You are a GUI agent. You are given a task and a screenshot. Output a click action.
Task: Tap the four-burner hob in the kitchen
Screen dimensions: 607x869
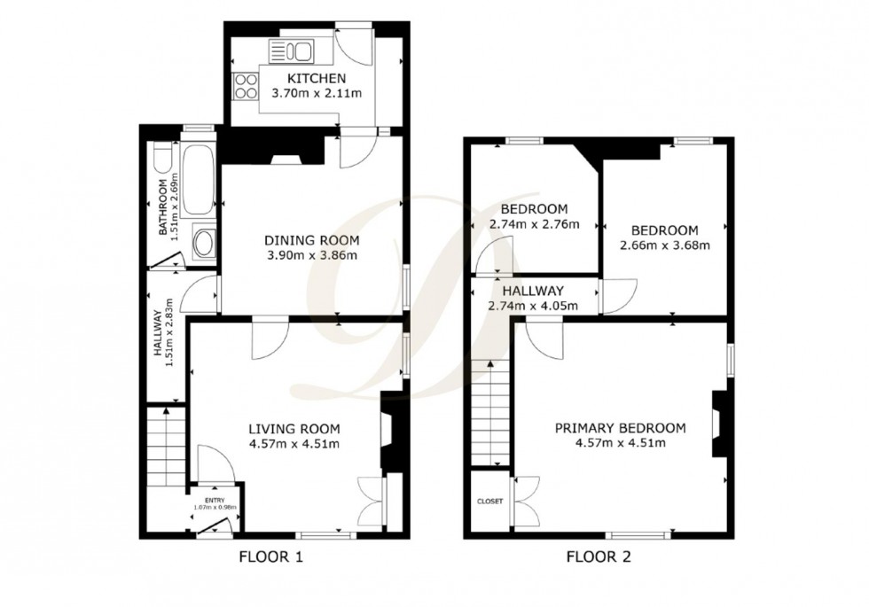point(242,87)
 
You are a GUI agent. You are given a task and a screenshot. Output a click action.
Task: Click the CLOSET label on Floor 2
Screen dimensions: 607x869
point(489,501)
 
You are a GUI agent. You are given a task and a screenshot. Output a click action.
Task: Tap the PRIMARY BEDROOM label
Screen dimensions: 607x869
point(620,428)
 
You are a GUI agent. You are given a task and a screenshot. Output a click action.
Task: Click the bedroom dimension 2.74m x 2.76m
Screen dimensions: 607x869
point(534,224)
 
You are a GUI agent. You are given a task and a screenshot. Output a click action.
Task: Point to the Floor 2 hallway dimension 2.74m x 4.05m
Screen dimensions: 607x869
point(533,306)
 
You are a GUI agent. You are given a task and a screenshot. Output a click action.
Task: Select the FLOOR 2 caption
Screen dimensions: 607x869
point(599,558)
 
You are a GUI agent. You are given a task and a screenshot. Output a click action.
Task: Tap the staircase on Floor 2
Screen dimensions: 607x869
point(489,412)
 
